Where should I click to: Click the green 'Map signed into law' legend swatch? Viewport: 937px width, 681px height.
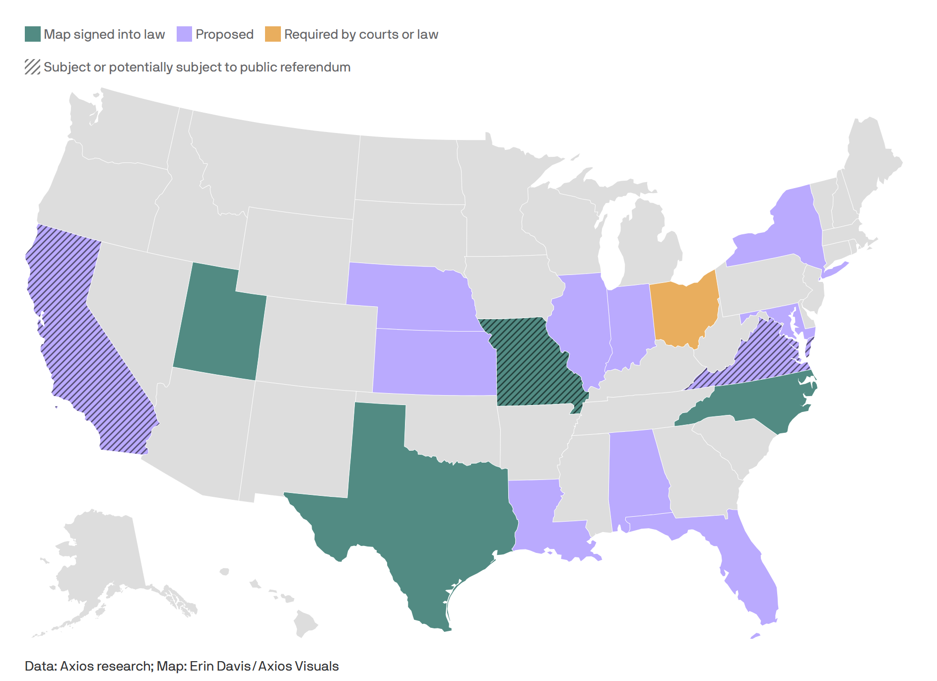tap(33, 34)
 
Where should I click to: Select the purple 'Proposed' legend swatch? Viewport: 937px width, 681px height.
tap(184, 34)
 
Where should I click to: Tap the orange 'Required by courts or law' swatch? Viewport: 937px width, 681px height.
tap(272, 34)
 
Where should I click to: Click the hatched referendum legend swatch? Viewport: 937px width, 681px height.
tap(33, 67)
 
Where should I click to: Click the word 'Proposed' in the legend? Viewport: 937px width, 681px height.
tap(224, 34)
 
